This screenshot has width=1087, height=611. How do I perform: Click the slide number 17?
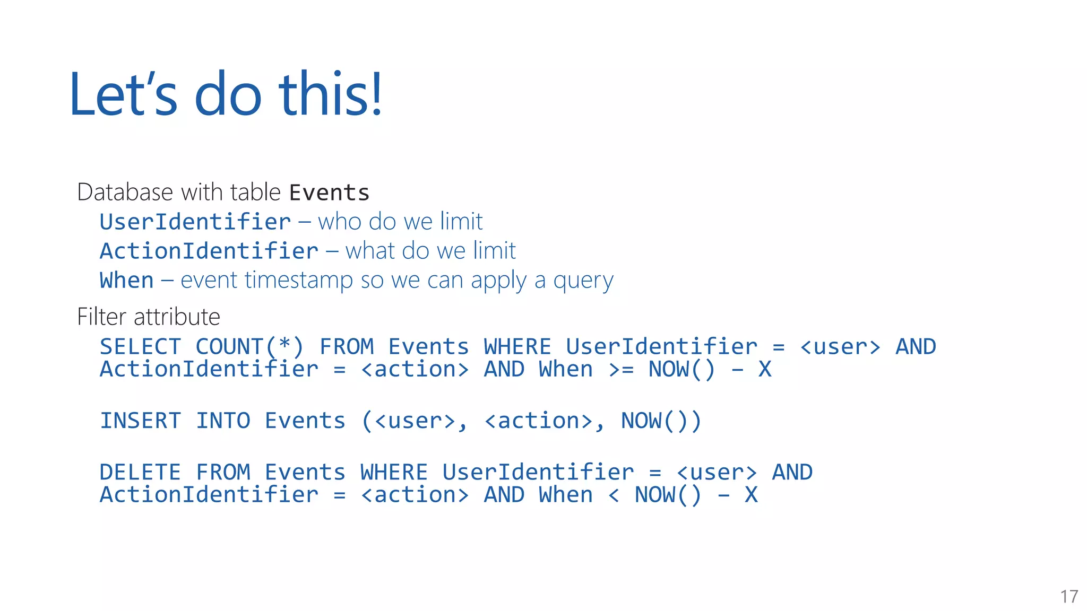[x=1069, y=597]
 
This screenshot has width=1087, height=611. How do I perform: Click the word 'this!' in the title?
[x=330, y=94]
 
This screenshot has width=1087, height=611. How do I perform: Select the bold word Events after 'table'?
[x=329, y=193]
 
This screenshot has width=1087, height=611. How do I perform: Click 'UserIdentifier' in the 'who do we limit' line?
[x=195, y=222]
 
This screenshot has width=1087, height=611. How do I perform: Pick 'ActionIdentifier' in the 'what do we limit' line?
[x=209, y=251]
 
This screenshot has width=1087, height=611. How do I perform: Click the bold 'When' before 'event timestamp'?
[x=127, y=280]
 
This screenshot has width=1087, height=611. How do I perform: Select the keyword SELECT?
[x=141, y=347]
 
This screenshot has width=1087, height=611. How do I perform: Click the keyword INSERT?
[x=141, y=421]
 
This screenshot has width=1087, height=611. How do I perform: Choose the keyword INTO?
[x=223, y=421]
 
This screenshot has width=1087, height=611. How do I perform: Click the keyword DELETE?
[x=141, y=472]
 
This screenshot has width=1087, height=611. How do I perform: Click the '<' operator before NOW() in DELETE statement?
[x=614, y=495]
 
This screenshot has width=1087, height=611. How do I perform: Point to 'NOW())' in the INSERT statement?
[x=661, y=421]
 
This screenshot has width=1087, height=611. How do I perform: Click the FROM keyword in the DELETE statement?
[x=223, y=472]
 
